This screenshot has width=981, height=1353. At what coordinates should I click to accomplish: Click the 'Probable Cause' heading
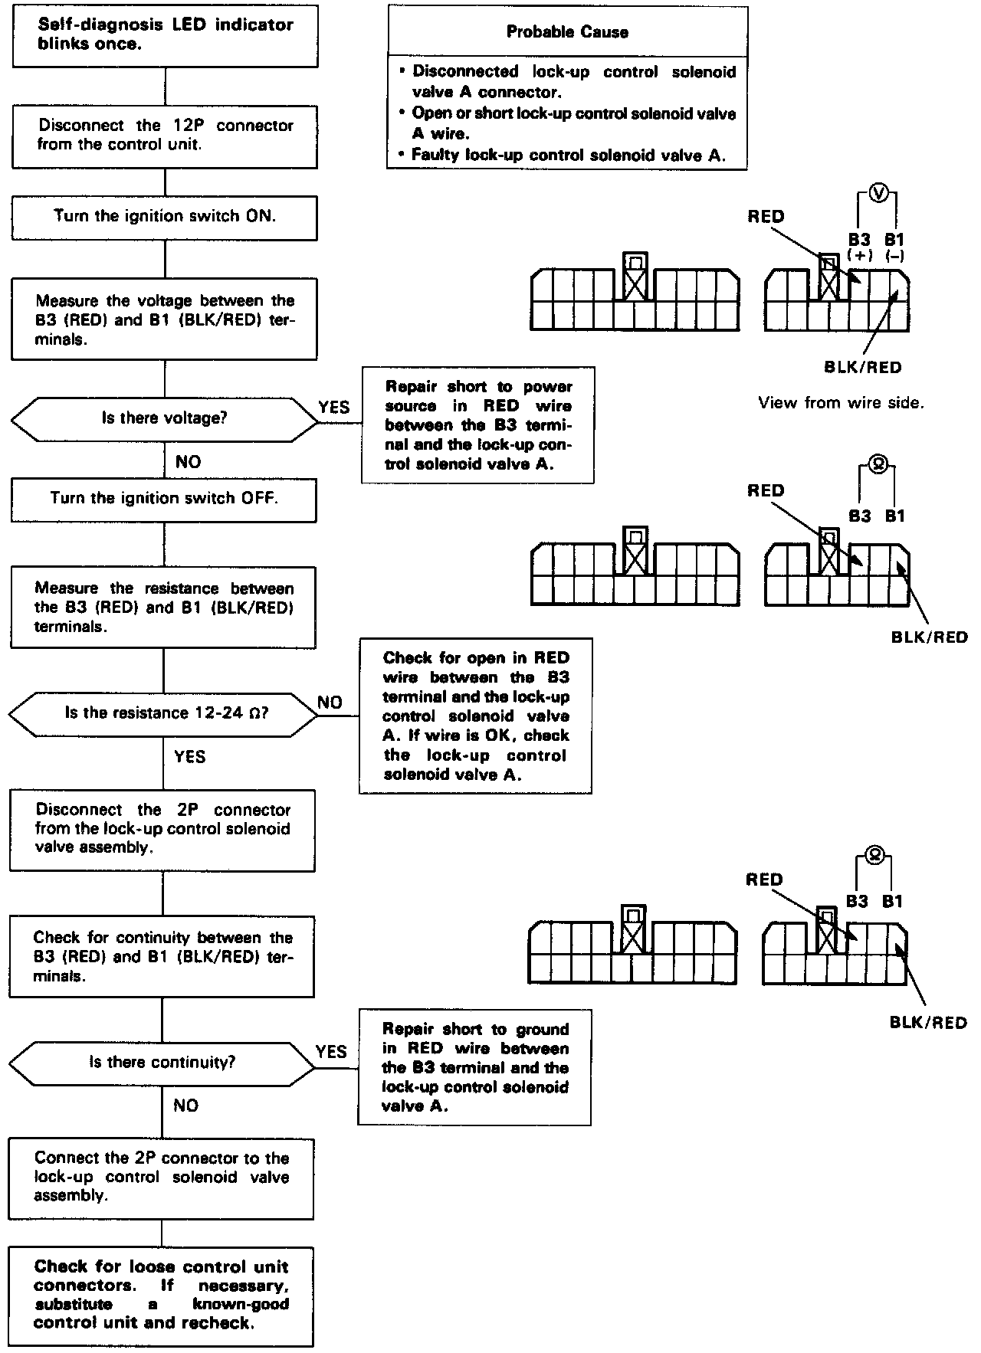(x=567, y=32)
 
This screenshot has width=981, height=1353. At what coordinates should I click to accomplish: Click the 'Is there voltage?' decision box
(x=164, y=418)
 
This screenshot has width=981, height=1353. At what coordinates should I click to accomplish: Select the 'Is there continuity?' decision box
(x=162, y=1062)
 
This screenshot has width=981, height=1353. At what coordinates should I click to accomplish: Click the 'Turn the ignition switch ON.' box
(x=164, y=216)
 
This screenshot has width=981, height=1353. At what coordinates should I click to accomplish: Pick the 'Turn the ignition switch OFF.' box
(x=164, y=499)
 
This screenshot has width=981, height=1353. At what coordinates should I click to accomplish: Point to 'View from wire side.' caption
(x=841, y=402)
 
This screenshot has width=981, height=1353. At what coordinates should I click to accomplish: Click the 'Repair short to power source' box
(x=477, y=424)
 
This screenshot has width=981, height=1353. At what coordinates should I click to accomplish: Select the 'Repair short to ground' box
(x=474, y=1067)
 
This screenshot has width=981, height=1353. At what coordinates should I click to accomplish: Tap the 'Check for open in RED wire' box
(x=475, y=716)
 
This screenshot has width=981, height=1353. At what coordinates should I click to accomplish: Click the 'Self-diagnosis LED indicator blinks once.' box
(x=165, y=34)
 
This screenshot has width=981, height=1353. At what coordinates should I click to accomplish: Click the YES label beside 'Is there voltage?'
(x=334, y=407)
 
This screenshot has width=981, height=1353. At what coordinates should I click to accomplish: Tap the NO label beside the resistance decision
(x=330, y=702)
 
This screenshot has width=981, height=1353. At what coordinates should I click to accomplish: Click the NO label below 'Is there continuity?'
(x=185, y=1105)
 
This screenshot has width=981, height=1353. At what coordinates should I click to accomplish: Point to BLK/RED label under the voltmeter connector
(x=862, y=367)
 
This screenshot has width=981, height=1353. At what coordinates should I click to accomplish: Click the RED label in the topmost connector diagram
(x=766, y=216)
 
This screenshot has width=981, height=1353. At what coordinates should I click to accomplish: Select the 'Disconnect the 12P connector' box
(x=165, y=135)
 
